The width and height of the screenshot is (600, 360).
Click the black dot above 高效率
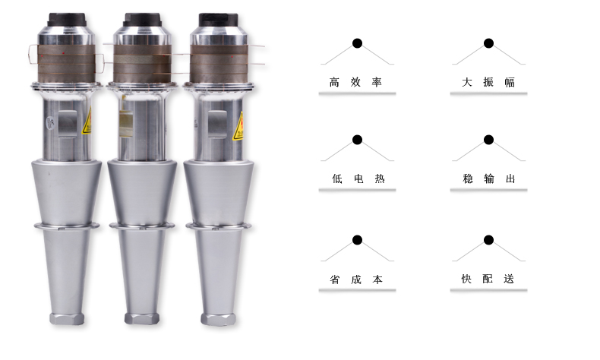(357, 43)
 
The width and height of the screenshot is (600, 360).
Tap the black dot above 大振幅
(488, 43)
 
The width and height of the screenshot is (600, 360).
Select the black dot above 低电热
(357, 140)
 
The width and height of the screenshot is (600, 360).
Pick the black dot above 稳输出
(488, 140)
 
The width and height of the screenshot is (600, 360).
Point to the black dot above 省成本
(357, 240)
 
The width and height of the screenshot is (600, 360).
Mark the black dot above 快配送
(488, 240)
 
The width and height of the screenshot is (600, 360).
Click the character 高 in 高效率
(334, 82)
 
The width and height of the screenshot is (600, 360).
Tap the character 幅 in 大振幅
(510, 82)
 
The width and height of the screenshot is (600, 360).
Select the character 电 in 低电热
(358, 178)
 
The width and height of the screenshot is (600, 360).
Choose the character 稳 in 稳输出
(468, 178)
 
